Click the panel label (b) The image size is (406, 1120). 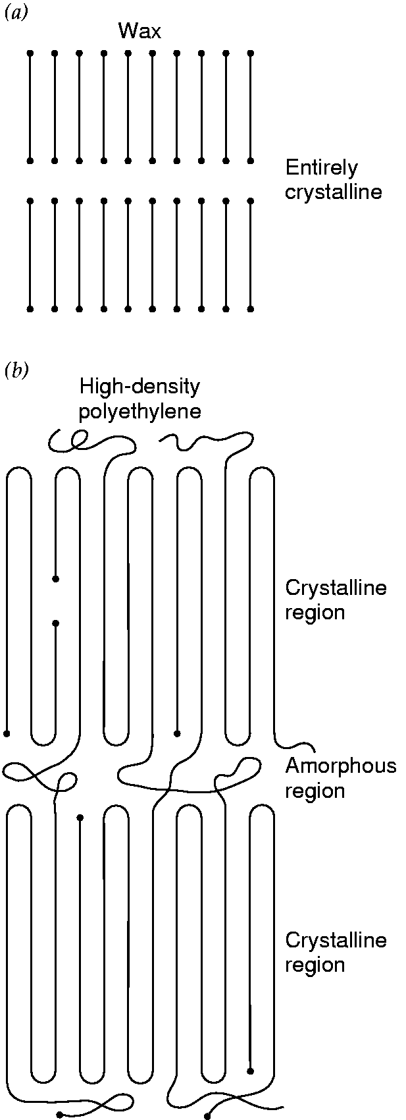click(16, 370)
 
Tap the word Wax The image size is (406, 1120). click(140, 32)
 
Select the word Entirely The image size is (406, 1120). click(321, 168)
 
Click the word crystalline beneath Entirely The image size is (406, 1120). click(333, 192)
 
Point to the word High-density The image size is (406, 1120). click(140, 387)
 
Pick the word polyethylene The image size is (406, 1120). click(140, 411)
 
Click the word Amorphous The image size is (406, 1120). click(341, 766)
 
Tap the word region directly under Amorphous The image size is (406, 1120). click(315, 791)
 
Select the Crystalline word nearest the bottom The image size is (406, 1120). click(336, 940)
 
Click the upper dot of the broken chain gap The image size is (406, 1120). click(55, 579)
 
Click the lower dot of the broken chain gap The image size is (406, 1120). click(55, 623)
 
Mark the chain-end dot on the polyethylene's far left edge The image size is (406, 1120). click(7, 734)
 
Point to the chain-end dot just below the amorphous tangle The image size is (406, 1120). click(80, 818)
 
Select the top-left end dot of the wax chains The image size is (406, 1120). click(30, 53)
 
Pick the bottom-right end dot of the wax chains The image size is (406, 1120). click(250, 310)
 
